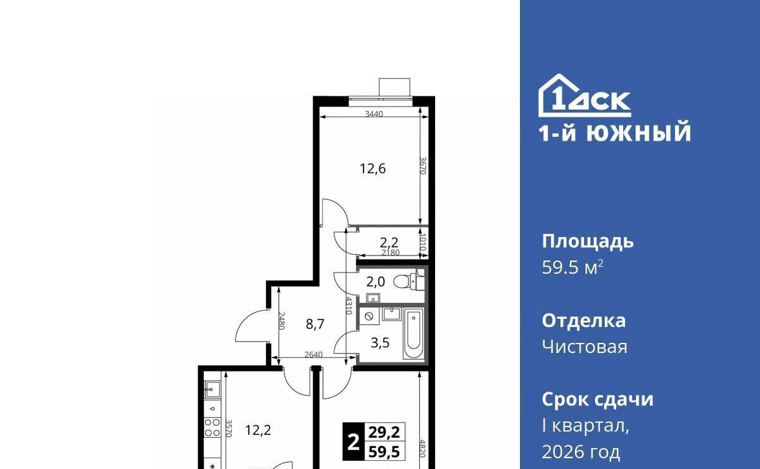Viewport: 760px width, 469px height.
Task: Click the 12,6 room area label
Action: point(372,169)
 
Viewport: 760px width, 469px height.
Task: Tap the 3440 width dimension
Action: point(374,114)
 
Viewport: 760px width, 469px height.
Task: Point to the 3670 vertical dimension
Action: point(423,165)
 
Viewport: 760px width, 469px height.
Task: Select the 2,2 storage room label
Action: point(389,243)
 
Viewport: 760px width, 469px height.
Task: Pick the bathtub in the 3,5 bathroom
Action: point(413,333)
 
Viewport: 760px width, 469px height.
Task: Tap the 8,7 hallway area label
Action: point(315,324)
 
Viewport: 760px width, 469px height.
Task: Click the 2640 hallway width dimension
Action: point(313,355)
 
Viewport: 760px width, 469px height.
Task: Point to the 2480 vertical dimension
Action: point(281,321)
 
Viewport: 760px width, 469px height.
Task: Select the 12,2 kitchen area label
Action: point(258,430)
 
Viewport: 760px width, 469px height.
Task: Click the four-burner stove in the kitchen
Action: point(212,427)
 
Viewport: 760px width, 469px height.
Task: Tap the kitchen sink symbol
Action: point(212,390)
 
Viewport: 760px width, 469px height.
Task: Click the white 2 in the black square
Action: point(353,442)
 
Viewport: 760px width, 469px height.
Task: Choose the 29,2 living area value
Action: point(384,432)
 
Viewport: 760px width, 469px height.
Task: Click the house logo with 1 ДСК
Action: point(584,96)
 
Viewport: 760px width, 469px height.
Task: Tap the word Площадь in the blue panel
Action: point(588,242)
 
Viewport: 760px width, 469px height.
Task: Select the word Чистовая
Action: point(585,347)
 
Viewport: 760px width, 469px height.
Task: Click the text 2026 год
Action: point(581,452)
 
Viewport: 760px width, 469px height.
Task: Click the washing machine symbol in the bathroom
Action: point(369,316)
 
